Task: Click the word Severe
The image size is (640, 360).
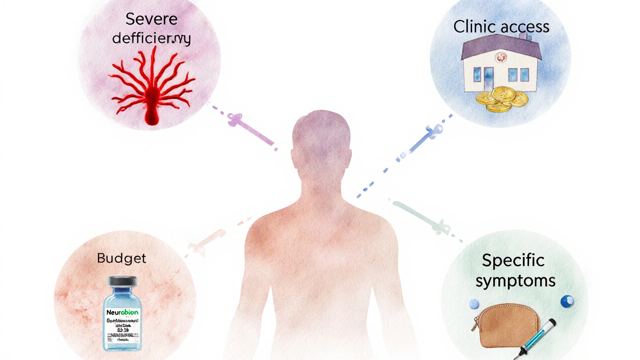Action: tap(151, 19)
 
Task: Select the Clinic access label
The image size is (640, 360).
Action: tap(501, 26)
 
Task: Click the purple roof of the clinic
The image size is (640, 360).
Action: tap(500, 49)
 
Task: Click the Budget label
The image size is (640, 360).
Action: tap(121, 258)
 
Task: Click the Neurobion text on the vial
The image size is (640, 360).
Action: tap(122, 312)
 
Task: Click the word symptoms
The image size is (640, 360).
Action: tap(515, 280)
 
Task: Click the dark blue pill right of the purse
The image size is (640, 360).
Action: tap(566, 301)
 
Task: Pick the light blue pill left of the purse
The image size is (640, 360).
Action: tap(474, 303)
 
